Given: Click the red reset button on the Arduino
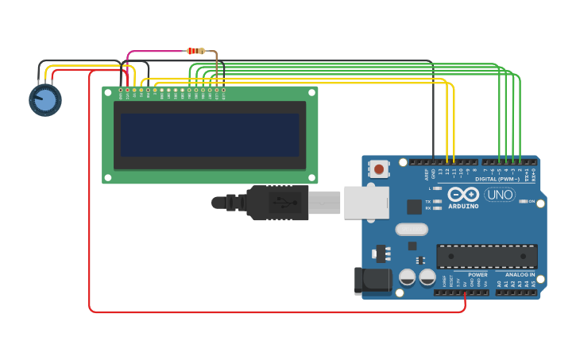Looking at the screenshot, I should (380, 168).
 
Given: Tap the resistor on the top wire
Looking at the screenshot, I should (195, 51).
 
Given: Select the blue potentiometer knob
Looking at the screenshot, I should (45, 100).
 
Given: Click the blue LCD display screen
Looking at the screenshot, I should (210, 134).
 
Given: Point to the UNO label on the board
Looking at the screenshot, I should (500, 195).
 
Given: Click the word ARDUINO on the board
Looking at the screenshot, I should (463, 207).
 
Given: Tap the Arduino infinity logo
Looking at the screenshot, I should (462, 195).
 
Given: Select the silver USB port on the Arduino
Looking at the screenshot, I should (366, 203).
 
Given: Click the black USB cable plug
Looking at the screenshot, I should (277, 203).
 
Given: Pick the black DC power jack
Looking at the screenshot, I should (373, 279).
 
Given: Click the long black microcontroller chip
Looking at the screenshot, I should (487, 257).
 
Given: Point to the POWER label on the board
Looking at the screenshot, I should (477, 275).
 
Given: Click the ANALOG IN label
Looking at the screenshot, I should (521, 275).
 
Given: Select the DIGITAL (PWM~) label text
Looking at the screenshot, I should (497, 179).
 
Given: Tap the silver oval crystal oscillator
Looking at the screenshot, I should (411, 230).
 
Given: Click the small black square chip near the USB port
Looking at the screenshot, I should (414, 207).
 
